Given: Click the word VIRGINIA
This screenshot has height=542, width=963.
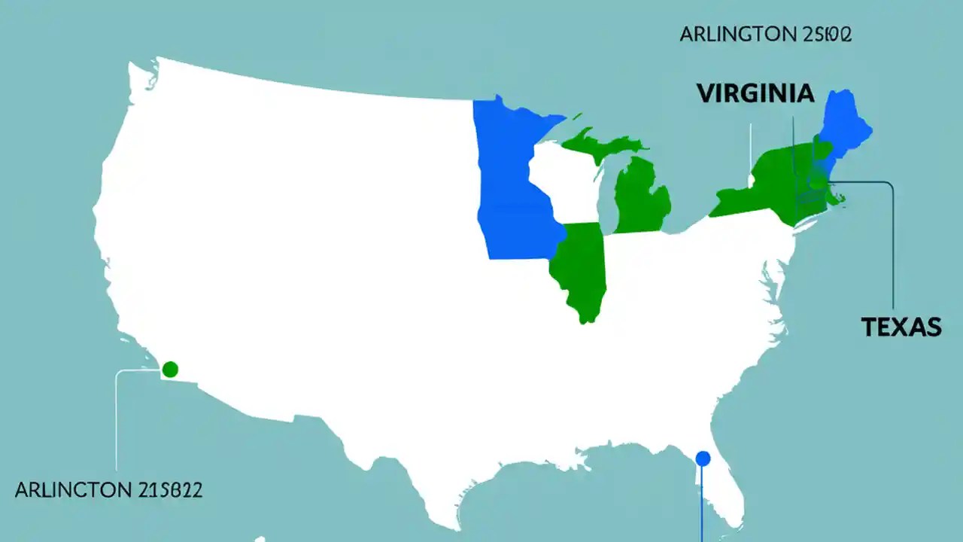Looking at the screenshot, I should [x=755, y=93].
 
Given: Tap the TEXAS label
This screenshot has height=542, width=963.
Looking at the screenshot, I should [x=901, y=327].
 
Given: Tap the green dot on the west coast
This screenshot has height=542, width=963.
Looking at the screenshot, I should [x=170, y=369].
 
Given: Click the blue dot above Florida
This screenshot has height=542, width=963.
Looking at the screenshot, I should [x=703, y=458].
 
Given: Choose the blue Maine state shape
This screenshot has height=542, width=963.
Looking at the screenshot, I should [x=846, y=124].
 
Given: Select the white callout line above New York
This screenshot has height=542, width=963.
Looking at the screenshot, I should [x=750, y=151].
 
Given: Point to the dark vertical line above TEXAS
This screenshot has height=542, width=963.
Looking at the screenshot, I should [x=893, y=248].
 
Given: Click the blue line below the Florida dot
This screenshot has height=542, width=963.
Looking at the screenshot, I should [x=702, y=504].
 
